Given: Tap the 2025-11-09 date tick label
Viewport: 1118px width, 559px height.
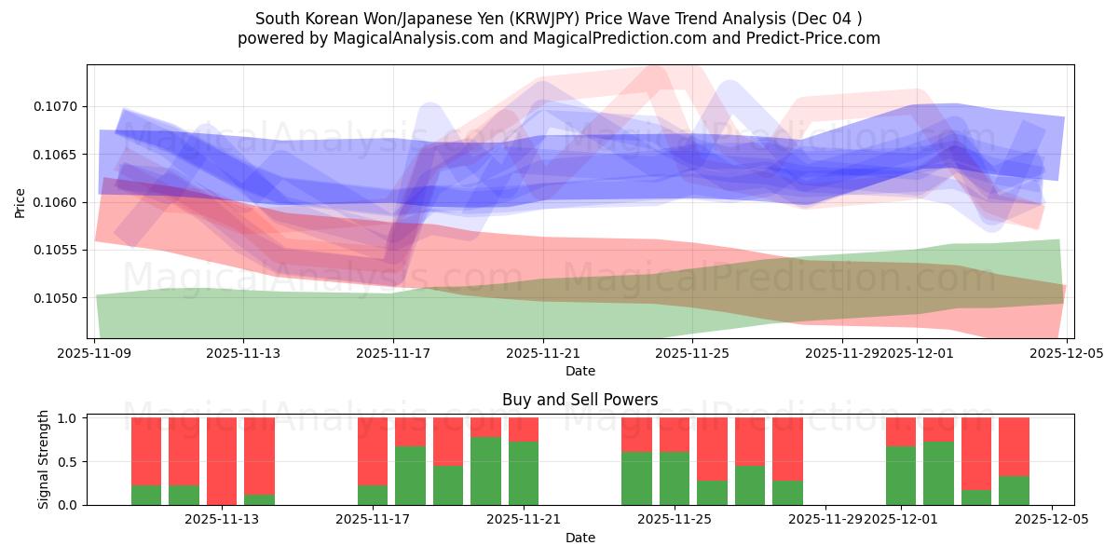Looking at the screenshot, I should [x=94, y=353].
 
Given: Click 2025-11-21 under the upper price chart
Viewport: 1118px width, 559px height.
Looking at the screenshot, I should [x=543, y=353].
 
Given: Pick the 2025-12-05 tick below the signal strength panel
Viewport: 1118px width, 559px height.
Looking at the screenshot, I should [x=1051, y=520].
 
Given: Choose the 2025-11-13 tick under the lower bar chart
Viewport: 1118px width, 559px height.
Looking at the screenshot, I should [x=221, y=520].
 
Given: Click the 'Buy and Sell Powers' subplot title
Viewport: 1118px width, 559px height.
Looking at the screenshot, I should [x=579, y=400].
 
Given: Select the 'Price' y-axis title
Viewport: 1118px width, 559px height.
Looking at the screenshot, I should [x=20, y=202].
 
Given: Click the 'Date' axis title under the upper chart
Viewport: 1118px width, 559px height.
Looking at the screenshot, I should [x=579, y=371].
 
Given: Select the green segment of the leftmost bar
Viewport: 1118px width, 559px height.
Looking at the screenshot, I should [x=146, y=495].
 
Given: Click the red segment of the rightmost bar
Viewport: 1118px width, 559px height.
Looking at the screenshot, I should [x=1014, y=446].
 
